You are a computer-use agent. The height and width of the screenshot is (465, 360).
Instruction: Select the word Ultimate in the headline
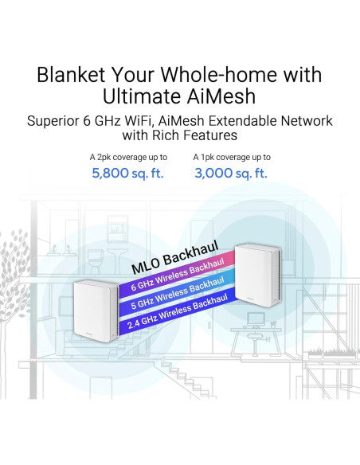pos(140,97)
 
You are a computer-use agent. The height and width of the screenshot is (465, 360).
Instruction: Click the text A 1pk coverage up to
pos(231,157)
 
